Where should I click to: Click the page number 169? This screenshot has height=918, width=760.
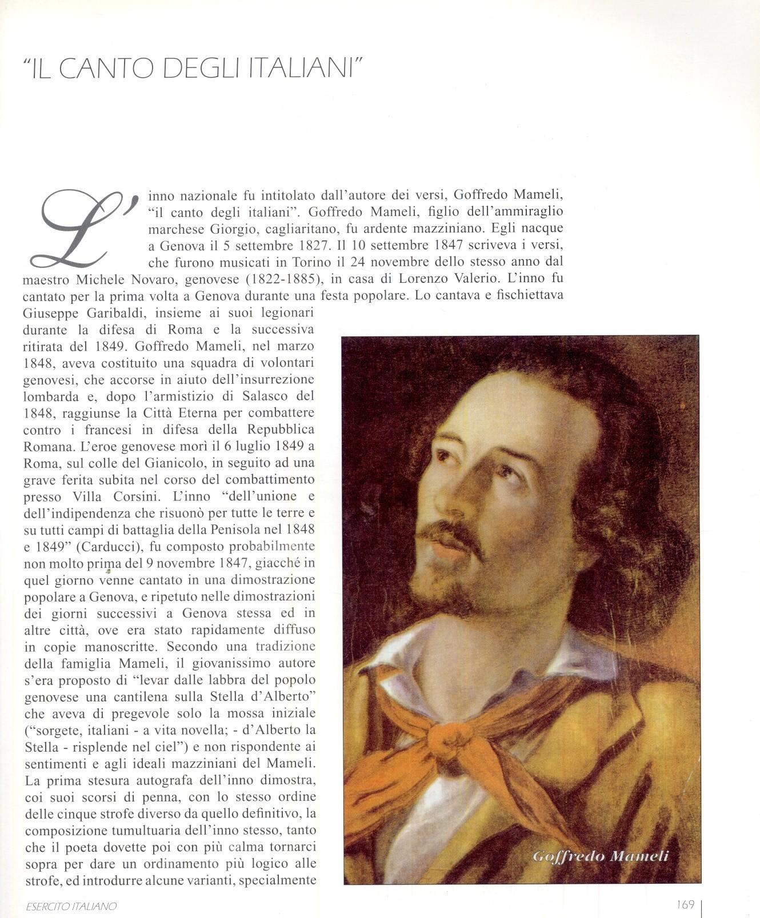click(685, 904)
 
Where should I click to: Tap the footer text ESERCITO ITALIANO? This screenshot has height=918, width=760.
click(71, 906)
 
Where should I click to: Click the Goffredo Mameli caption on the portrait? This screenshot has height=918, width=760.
click(600, 856)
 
